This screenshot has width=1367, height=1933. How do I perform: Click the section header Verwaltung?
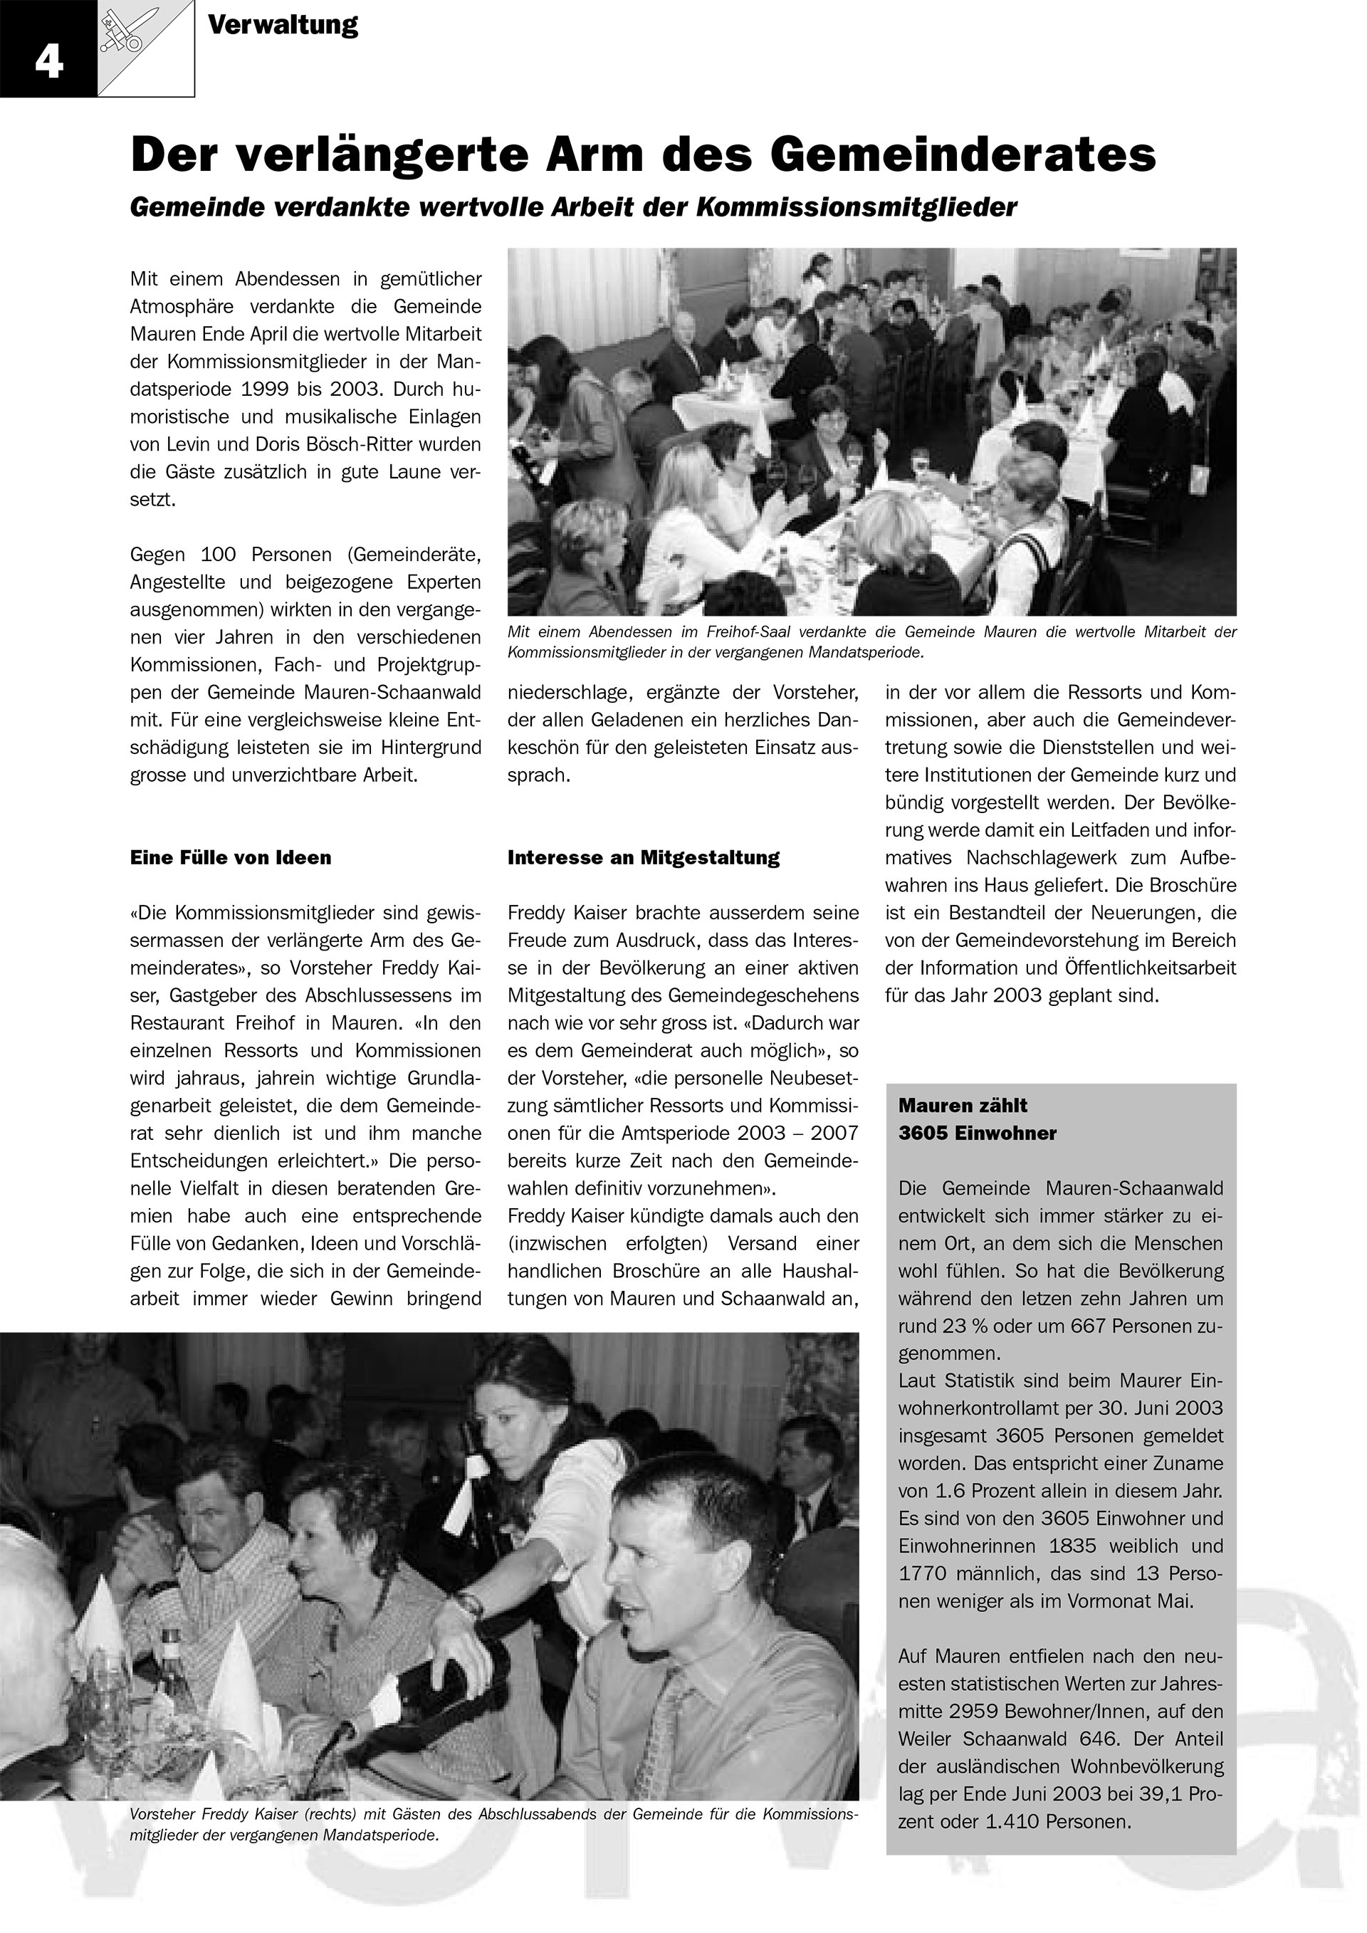[282, 25]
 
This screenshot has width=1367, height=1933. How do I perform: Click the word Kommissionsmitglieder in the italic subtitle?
[856, 207]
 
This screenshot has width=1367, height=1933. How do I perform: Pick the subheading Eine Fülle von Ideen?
[231, 858]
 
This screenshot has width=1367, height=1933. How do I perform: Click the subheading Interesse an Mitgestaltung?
[643, 858]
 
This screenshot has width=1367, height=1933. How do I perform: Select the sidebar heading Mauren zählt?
[962, 1106]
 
